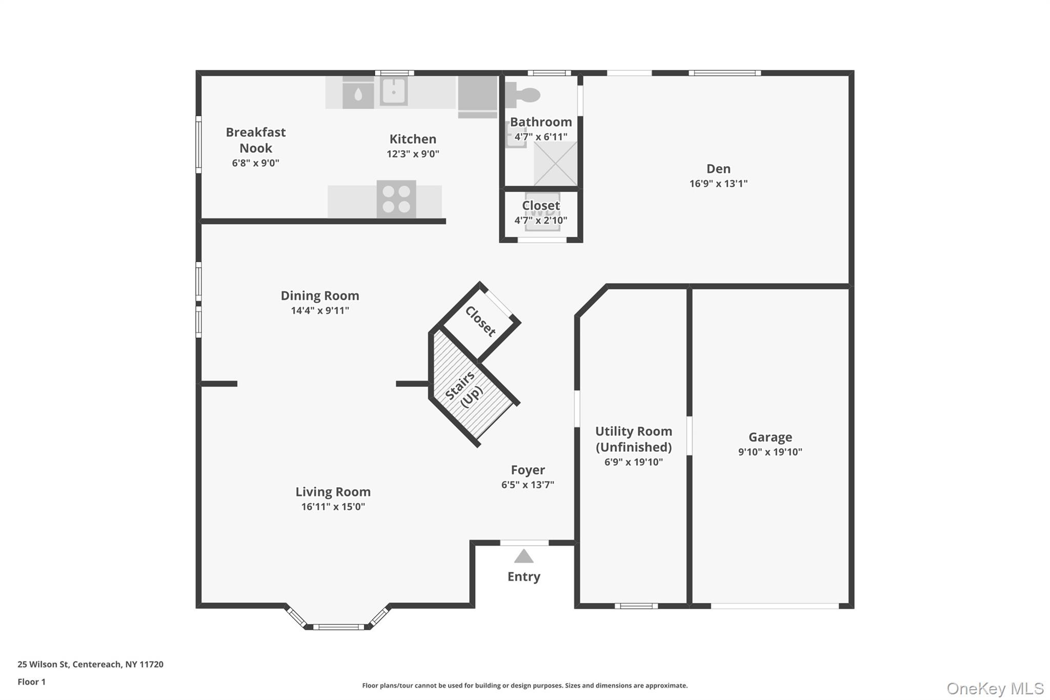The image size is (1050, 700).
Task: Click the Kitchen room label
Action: coord(413,139)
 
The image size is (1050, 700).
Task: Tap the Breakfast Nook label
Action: coord(256,140)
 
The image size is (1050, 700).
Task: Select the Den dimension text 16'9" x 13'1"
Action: coord(718,184)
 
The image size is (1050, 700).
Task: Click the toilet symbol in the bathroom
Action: coord(523,95)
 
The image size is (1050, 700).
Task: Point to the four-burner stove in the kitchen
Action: coord(396,199)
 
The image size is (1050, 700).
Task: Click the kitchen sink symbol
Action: coord(394,92)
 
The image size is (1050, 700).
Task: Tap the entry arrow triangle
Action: coord(523,556)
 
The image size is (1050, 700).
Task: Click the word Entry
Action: coord(523,577)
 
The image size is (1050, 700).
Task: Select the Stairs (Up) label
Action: coord(464,390)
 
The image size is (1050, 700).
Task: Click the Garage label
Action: coord(770,437)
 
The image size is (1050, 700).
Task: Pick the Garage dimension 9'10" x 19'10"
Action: coord(770,452)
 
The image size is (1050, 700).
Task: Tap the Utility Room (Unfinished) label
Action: coord(634,439)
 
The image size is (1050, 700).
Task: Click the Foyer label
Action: coord(528,470)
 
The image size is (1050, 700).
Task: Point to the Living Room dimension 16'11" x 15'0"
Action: coord(333,507)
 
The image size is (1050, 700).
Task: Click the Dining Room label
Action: coord(320,296)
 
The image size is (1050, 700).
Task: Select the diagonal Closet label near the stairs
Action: coord(480,322)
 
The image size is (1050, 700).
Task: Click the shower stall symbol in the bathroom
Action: coord(555,164)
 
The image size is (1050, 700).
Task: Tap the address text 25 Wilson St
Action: coord(43,665)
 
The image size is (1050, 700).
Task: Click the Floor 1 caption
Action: coord(31,682)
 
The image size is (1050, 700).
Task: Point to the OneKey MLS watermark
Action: coord(995,688)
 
